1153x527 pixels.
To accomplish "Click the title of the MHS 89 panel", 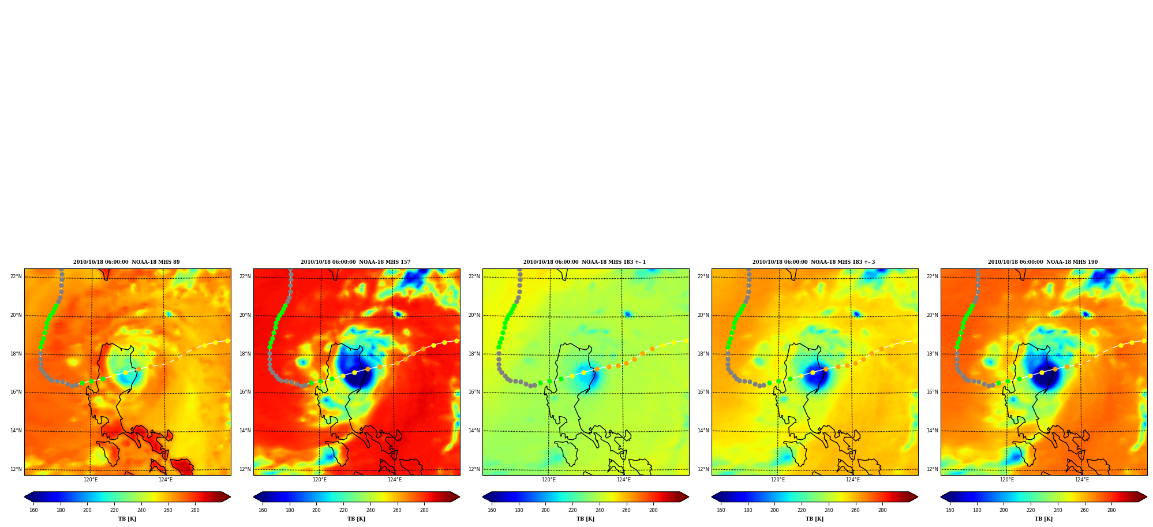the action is coord(126,262).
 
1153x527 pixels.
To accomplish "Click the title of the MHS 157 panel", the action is coord(355,262).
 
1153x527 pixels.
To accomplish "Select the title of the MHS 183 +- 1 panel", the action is coord(585,262).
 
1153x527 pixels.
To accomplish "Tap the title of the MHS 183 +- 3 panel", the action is coord(814,262).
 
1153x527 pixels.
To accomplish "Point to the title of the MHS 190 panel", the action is coord(1043,262).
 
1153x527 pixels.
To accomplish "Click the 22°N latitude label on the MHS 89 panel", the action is coord(16,276).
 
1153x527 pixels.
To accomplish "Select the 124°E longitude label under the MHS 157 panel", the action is coord(395,480).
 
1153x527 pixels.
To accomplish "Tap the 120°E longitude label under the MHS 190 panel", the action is coord(1007,480).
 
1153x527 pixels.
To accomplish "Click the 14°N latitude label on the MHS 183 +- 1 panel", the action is coord(474,431).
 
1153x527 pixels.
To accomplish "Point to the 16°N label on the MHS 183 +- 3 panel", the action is coord(703,392).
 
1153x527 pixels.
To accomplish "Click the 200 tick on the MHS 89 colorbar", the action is coord(87,510).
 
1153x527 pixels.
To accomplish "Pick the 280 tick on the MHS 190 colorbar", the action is coord(1111,510).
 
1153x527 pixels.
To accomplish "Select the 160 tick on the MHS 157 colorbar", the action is coord(263,510).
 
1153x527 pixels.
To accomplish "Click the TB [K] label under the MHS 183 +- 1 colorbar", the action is coord(585,519).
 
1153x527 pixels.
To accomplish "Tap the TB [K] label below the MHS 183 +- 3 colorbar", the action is coord(814,519).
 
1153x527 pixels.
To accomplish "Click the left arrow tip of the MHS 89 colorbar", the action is coord(24,497).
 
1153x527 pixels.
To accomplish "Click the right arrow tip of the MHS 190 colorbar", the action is coord(1147,497).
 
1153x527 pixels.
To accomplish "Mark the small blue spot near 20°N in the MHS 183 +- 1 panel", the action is coord(627,314).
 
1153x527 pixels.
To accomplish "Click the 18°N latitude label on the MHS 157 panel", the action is coord(245,354).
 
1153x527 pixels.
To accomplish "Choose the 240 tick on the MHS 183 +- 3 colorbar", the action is coord(829,510).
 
